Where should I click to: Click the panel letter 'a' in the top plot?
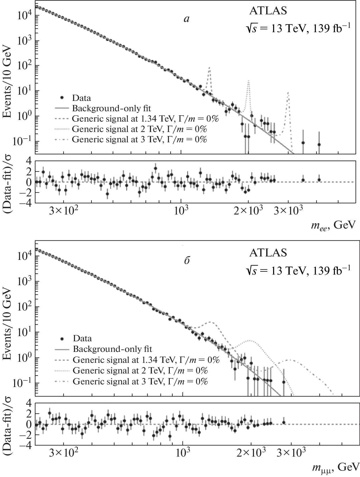pyautogui.click(x=187, y=19)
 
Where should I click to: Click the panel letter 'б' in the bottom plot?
pyautogui.click(x=187, y=261)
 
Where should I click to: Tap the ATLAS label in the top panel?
pyautogui.click(x=268, y=11)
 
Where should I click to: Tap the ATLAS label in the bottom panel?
pyautogui.click(x=268, y=253)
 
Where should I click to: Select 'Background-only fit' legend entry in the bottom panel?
pyautogui.click(x=112, y=349)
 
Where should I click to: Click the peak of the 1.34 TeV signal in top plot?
pyautogui.click(x=209, y=68)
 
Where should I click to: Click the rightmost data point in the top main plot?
pyautogui.click(x=319, y=144)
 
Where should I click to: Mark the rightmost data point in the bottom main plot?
pyautogui.click(x=283, y=382)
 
